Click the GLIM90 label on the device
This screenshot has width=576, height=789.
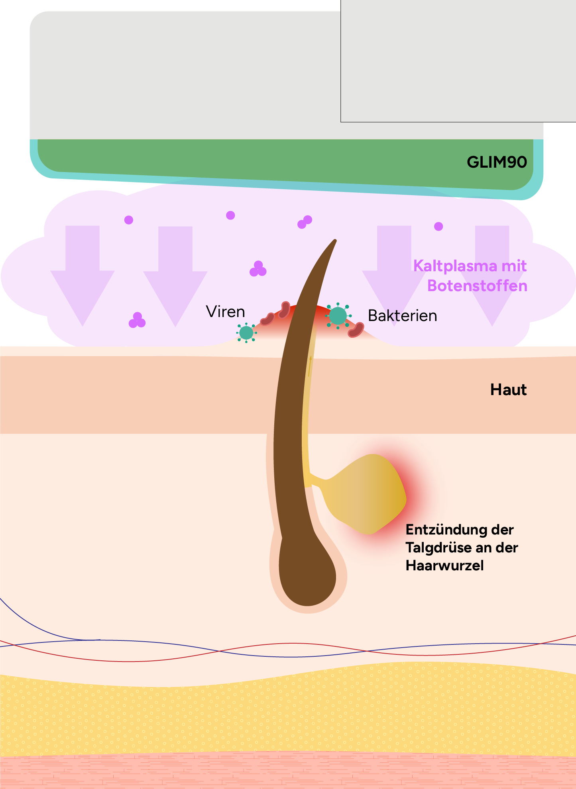[497, 162]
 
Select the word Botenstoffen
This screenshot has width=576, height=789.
[477, 286]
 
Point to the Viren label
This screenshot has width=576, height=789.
[225, 311]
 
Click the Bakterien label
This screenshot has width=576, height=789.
[402, 315]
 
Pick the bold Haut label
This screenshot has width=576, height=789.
[508, 390]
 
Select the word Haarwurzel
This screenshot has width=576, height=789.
[444, 566]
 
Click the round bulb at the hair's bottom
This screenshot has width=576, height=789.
[307, 574]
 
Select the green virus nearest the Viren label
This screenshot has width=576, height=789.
[246, 333]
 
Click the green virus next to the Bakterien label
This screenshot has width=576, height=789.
[338, 316]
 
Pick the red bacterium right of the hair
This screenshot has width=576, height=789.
[356, 330]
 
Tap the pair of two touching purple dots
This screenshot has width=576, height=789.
[305, 222]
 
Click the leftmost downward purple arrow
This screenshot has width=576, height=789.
[83, 275]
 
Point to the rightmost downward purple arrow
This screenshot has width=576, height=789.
[492, 275]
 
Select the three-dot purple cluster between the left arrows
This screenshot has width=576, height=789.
[137, 320]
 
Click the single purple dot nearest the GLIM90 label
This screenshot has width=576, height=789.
[438, 227]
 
